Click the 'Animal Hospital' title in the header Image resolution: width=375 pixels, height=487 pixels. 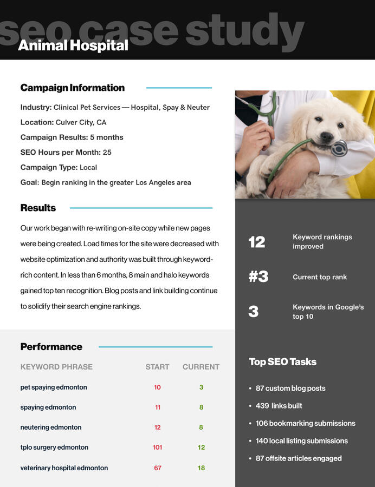click(73, 45)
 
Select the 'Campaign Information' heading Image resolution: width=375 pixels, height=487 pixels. click(72, 88)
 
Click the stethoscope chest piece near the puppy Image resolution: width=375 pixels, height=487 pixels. click(340, 148)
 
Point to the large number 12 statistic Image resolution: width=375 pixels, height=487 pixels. click(257, 242)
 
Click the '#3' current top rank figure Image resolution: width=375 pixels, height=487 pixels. click(258, 277)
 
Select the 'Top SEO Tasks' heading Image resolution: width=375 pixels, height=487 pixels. click(282, 362)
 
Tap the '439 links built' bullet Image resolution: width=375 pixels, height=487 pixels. click(279, 406)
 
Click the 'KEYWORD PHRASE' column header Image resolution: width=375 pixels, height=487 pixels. click(56, 367)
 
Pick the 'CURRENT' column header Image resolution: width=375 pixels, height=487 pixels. click(201, 367)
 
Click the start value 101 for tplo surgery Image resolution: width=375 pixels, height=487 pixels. click(157, 447)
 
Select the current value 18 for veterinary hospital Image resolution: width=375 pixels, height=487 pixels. click(201, 468)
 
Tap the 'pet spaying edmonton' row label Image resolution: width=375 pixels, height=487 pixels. click(54, 387)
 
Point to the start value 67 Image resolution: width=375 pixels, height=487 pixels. click(157, 468)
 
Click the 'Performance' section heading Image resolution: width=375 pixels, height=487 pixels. click(51, 347)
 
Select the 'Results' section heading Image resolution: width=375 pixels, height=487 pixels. click(38, 208)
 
